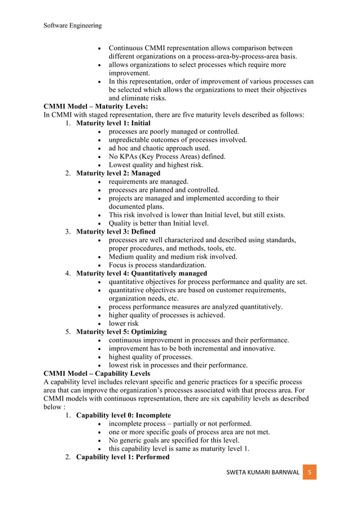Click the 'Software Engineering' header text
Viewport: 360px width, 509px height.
tap(73, 25)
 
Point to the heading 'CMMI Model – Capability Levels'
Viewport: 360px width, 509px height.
tap(96, 374)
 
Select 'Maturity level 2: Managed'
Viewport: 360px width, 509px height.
tap(118, 173)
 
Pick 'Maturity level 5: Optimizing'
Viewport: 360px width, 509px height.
tap(121, 332)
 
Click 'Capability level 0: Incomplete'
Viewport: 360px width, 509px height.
tap(123, 415)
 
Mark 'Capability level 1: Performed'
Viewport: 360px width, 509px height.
tap(122, 457)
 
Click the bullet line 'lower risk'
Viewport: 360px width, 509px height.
tap(124, 323)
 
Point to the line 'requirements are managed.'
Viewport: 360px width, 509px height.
tap(148, 182)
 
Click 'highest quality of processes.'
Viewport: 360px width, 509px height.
tap(150, 357)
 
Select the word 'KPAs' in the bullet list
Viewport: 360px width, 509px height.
tap(131, 156)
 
